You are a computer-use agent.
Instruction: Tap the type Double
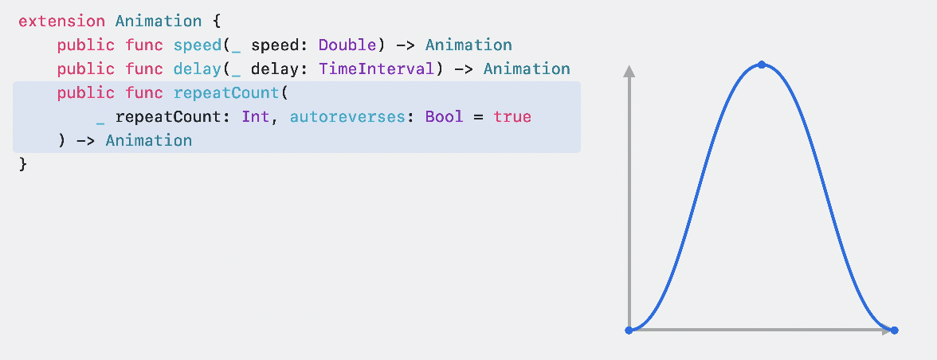coord(347,45)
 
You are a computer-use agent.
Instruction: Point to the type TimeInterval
coord(377,69)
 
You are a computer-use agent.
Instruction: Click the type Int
coord(256,117)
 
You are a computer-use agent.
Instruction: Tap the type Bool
coord(444,117)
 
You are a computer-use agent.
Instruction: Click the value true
coord(512,117)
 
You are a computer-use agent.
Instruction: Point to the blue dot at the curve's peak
coord(762,65)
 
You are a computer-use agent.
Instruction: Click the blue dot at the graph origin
coord(629,330)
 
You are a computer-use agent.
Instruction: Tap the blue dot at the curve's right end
coord(894,330)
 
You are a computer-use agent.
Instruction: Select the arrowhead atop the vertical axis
coord(629,72)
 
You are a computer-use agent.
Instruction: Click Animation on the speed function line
coord(468,45)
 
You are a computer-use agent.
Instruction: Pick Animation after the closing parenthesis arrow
coord(148,141)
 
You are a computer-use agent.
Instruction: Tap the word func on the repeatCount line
coord(144,93)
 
